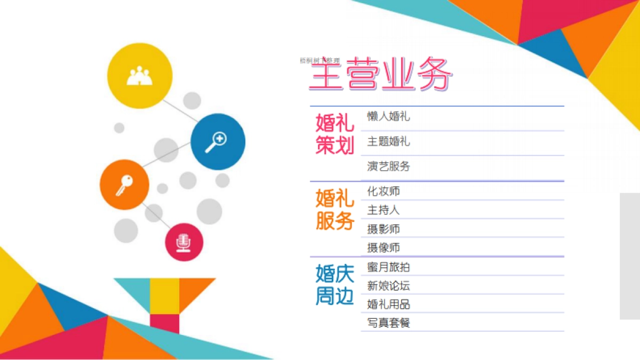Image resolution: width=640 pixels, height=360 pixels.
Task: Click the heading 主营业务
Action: click(381, 74)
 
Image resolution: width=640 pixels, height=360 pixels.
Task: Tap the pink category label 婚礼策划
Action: click(334, 134)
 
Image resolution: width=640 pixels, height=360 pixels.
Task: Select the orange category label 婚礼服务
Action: click(334, 210)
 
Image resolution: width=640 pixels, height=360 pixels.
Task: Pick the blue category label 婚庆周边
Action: click(334, 285)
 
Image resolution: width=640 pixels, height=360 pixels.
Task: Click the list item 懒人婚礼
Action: click(388, 117)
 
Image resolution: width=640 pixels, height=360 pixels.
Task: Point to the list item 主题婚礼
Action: click(388, 142)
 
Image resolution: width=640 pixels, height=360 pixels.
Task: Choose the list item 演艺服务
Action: click(388, 166)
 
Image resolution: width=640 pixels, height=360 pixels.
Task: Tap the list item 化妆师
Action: click(383, 191)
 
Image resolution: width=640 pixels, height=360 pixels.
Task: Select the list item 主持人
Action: click(383, 210)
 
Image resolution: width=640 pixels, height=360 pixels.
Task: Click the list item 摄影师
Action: click(383, 229)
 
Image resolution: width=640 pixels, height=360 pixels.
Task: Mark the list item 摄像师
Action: click(383, 248)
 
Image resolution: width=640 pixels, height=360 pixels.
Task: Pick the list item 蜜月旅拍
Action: click(388, 267)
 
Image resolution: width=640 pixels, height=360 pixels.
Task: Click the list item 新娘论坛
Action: click(388, 286)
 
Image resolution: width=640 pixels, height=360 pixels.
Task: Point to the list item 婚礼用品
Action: click(388, 305)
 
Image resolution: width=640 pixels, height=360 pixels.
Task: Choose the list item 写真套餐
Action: click(388, 323)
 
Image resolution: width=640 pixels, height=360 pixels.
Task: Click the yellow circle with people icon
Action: click(140, 75)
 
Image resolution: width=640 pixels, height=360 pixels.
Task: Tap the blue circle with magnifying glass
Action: click(218, 141)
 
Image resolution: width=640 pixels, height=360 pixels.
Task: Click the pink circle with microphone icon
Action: click(184, 242)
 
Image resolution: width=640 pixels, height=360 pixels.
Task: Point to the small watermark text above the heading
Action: click(319, 61)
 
